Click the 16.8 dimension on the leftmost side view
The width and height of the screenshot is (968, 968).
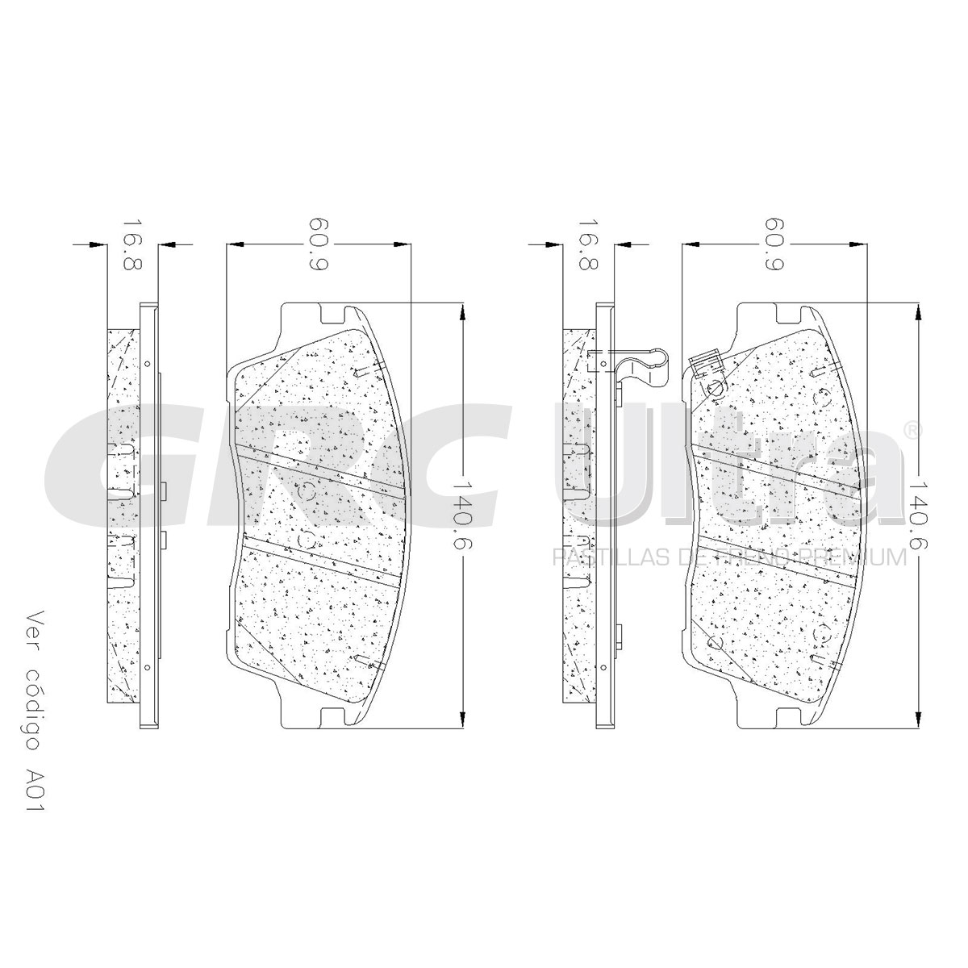point(132,244)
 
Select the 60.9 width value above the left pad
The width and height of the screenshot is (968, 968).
point(319,244)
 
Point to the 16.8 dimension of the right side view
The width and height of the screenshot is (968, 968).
point(588,244)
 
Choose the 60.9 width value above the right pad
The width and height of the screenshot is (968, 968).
point(774,244)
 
